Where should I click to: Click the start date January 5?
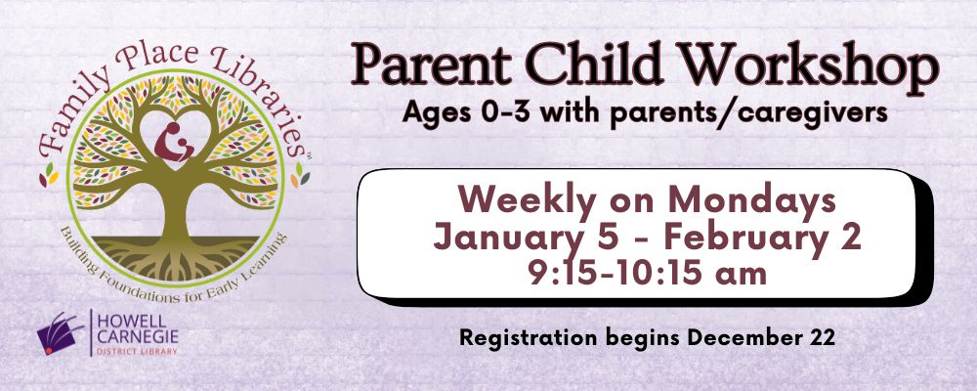[523, 237]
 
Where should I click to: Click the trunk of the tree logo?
[177, 210]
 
